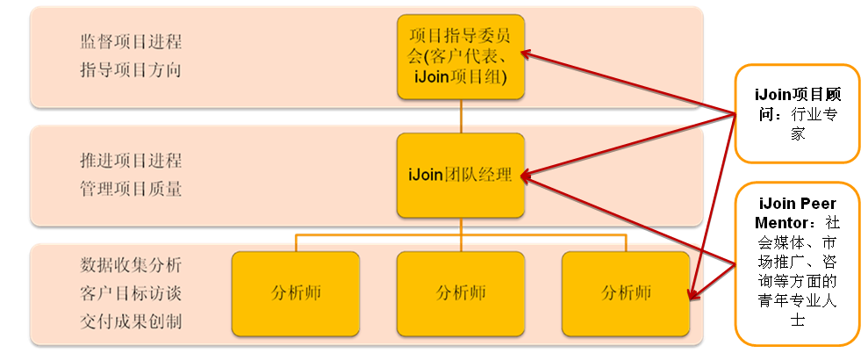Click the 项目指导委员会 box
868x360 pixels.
pyautogui.click(x=461, y=56)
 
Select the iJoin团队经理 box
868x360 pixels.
pyautogui.click(x=461, y=175)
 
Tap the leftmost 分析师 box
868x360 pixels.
pyautogui.click(x=296, y=292)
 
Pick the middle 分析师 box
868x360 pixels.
pyautogui.click(x=461, y=292)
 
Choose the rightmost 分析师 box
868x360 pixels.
pyautogui.click(x=626, y=292)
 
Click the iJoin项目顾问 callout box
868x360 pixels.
pyautogui.click(x=797, y=113)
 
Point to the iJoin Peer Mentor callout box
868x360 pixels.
pyautogui.click(x=797, y=263)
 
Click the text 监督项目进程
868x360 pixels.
pyautogui.click(x=131, y=42)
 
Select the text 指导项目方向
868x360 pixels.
pyautogui.click(x=131, y=70)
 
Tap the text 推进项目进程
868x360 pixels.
pyautogui.click(x=131, y=161)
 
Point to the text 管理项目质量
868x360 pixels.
pyautogui.click(x=131, y=188)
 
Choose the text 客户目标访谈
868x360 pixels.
pyautogui.click(x=131, y=292)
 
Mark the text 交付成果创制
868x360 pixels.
pyautogui.click(x=131, y=320)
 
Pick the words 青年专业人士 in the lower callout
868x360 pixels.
pyautogui.click(x=797, y=303)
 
